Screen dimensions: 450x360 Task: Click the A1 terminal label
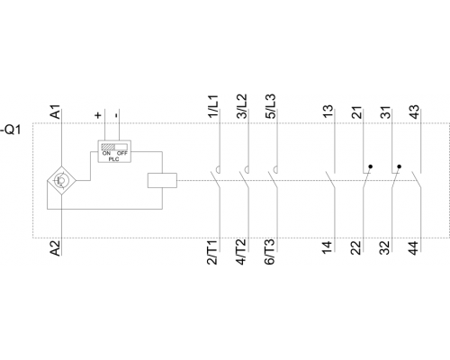point(56,112)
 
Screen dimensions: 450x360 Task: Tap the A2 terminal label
point(56,248)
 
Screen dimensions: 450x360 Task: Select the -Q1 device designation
point(11,130)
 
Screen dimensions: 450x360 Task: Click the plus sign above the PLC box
point(98,115)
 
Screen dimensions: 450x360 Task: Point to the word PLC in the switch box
point(113,159)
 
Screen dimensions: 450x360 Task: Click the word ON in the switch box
point(106,153)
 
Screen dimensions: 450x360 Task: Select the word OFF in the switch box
point(122,153)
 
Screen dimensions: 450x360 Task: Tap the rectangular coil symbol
point(162,180)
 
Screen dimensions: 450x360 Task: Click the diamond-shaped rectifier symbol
point(61,181)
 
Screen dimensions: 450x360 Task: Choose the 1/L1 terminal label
point(213,106)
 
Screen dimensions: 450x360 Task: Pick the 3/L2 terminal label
point(242,106)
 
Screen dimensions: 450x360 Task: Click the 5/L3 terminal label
point(270,106)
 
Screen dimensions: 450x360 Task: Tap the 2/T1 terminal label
point(212,252)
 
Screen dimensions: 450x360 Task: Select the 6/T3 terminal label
point(269,252)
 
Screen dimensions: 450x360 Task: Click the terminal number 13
point(328,112)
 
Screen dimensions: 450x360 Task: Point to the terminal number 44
point(414,248)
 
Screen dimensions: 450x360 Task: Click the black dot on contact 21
point(371,166)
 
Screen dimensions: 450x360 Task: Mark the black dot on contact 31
point(399,166)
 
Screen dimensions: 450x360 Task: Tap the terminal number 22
point(356,248)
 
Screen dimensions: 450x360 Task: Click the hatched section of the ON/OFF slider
point(108,147)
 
